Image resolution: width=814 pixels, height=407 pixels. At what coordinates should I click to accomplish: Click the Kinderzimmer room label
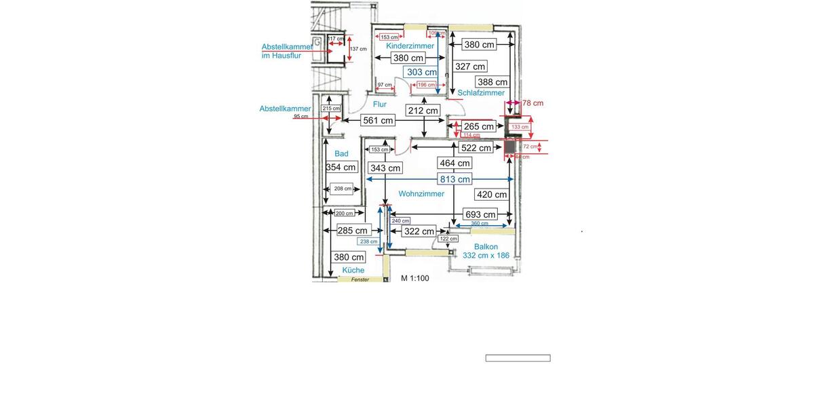[410, 45]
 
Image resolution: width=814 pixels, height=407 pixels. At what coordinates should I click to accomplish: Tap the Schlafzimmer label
[481, 93]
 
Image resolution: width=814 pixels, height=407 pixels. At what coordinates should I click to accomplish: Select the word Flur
[380, 104]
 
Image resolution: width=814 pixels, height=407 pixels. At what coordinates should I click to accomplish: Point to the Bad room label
[341, 154]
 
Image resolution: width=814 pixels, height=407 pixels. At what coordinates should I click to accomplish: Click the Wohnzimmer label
[421, 194]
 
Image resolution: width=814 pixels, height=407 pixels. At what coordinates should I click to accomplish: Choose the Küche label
[353, 270]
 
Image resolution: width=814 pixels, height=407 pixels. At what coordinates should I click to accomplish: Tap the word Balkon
[486, 247]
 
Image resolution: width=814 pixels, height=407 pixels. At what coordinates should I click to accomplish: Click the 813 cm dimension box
[454, 179]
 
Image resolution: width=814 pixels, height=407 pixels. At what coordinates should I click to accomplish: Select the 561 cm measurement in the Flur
[378, 120]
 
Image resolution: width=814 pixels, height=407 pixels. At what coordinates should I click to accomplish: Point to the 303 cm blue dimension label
[422, 72]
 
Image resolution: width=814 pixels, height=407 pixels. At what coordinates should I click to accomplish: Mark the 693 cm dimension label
[480, 214]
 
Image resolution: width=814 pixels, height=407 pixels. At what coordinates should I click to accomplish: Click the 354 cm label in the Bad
[341, 167]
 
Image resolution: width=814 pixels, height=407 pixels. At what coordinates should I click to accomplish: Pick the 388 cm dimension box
[492, 82]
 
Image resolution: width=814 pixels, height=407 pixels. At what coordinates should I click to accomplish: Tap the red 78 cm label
[532, 103]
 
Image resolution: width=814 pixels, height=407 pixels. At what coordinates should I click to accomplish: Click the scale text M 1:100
[414, 278]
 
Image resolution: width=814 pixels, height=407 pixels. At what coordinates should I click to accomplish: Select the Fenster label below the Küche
[360, 279]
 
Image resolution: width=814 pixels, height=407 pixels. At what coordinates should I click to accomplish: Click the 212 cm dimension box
[423, 111]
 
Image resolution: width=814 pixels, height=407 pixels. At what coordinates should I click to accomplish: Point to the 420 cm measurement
[492, 195]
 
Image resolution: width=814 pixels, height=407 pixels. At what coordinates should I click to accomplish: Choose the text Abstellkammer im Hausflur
[287, 51]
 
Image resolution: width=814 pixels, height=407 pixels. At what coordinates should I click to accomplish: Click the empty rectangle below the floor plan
[518, 358]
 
